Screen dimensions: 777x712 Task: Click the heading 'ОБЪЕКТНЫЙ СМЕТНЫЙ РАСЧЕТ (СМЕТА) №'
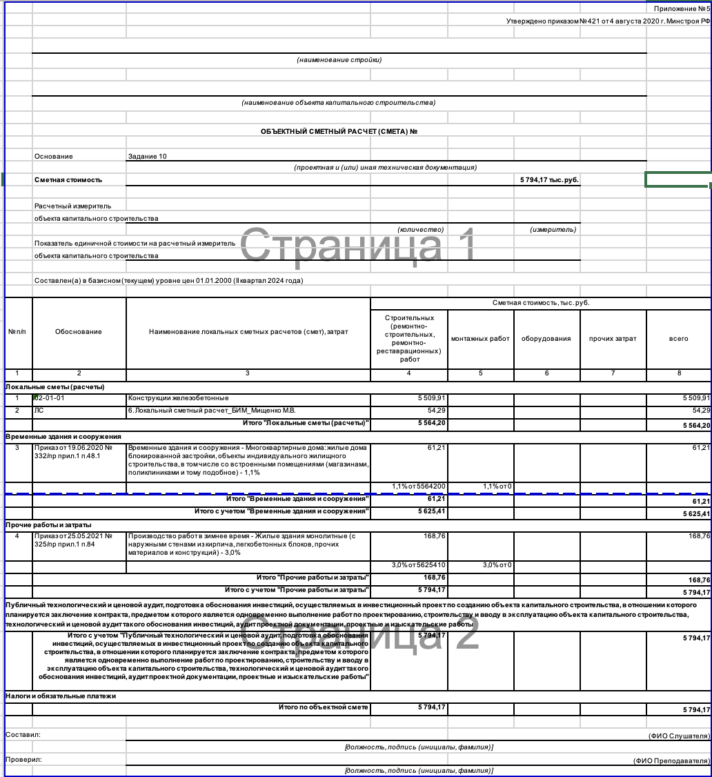(339, 131)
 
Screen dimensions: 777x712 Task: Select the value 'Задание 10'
(147, 157)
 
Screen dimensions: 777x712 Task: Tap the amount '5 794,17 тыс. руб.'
(549, 180)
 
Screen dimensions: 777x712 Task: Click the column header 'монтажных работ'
(480, 339)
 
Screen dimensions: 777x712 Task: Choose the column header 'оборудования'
(546, 339)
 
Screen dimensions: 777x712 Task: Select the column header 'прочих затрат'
(613, 339)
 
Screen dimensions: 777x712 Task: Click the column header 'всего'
(678, 339)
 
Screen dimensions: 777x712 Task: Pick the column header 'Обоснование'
(79, 332)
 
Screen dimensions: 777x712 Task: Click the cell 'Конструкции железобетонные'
(178, 398)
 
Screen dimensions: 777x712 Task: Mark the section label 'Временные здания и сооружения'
(63, 437)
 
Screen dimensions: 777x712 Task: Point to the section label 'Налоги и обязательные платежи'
(61, 696)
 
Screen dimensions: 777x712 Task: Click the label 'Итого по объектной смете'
(324, 707)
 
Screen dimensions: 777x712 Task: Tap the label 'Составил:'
(23, 735)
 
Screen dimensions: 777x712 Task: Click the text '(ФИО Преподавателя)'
(671, 760)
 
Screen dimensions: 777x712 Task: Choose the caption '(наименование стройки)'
(339, 60)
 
